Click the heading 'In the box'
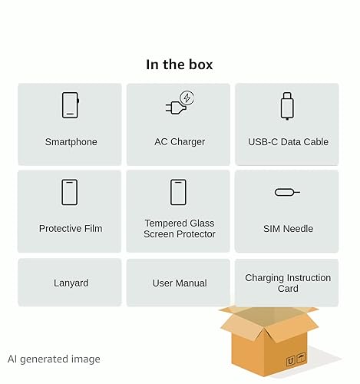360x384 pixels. (x=180, y=65)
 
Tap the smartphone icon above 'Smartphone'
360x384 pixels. (x=71, y=105)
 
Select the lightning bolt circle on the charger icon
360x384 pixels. (x=187, y=98)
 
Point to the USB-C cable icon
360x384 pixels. (x=287, y=106)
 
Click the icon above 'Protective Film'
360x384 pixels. (x=70, y=192)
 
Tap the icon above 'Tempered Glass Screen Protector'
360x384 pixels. (x=178, y=192)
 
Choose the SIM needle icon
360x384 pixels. (x=287, y=192)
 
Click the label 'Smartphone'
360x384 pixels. (x=71, y=142)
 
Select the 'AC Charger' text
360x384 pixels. (x=180, y=142)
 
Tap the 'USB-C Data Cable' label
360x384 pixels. (x=288, y=142)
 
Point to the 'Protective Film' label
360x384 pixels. (x=71, y=228)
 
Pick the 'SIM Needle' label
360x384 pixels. (x=288, y=229)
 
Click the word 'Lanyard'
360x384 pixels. (x=71, y=283)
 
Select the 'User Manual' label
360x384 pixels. (x=180, y=283)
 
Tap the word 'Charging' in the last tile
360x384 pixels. (x=264, y=278)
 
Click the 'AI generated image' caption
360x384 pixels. (x=54, y=359)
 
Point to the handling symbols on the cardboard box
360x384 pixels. (x=296, y=360)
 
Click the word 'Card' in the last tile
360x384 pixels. (x=288, y=289)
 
